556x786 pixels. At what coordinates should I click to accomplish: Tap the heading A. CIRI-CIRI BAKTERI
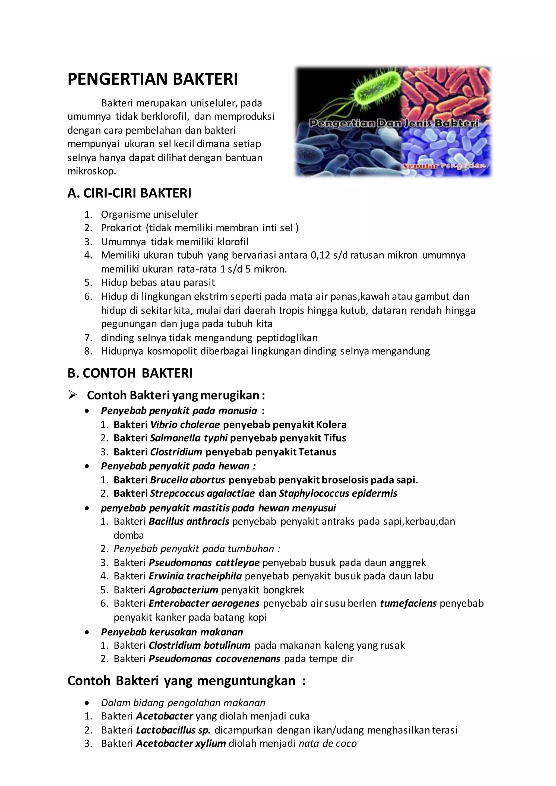point(129,194)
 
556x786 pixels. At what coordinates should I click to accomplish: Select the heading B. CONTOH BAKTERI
point(130,373)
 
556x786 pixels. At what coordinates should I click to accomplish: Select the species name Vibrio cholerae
point(185,425)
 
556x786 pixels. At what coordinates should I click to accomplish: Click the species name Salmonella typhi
point(189,438)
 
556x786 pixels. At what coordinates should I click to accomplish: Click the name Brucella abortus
point(188,480)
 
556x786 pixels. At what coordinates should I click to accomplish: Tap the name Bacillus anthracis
point(189,521)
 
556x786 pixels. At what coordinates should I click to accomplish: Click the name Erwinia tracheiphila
point(195,576)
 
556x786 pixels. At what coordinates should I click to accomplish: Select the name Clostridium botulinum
point(200,645)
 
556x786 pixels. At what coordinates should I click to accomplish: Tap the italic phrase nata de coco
point(328,744)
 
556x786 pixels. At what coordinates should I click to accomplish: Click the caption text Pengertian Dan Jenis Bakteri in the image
point(394,123)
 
